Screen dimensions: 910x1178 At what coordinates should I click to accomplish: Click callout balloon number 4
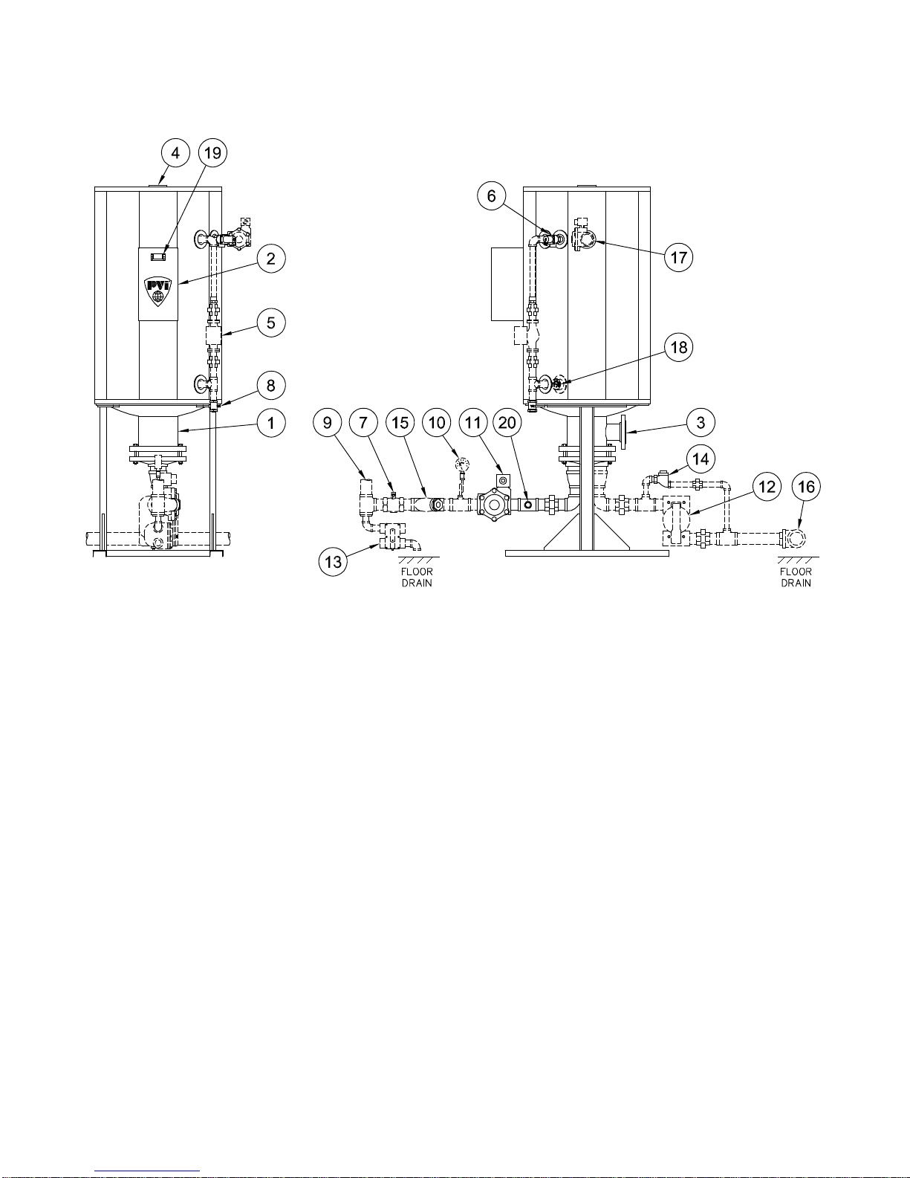(x=175, y=153)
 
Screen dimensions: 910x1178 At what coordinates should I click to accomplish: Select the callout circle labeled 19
(x=213, y=153)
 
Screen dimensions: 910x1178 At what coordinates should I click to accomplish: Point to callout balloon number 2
(x=271, y=259)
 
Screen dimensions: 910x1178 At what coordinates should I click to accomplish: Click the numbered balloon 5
(x=271, y=323)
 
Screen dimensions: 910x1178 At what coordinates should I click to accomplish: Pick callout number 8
(x=271, y=386)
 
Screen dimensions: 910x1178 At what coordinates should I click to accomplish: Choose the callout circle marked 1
(x=271, y=423)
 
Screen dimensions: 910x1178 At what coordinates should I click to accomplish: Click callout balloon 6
(x=491, y=195)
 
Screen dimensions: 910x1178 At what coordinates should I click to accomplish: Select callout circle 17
(x=679, y=257)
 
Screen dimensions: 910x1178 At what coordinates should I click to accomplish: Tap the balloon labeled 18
(x=679, y=347)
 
